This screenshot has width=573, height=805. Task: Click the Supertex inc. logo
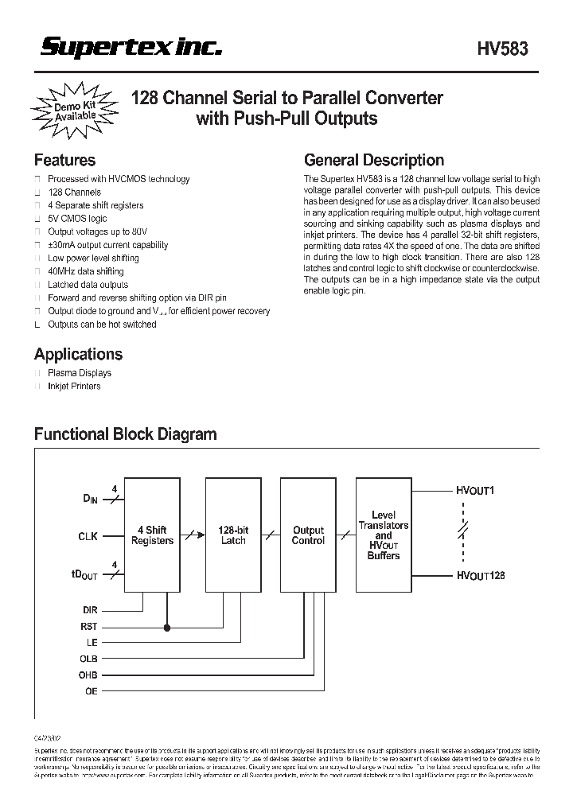[x=131, y=49]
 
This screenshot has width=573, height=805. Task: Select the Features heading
[x=64, y=160]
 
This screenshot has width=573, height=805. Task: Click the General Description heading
[x=374, y=160]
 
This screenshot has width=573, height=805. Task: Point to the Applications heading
[x=78, y=354]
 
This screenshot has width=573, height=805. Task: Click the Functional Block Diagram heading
[x=125, y=434]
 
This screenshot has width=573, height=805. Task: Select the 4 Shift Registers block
[x=152, y=535]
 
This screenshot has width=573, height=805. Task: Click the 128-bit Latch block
[x=232, y=535]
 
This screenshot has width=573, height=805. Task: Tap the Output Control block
[x=308, y=535]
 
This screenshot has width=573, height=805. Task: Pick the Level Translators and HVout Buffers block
[x=384, y=535]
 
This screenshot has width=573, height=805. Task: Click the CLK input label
[x=88, y=536]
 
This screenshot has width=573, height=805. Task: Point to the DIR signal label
[x=90, y=610]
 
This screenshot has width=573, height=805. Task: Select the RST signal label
[x=89, y=627]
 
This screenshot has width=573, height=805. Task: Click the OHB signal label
[x=89, y=675]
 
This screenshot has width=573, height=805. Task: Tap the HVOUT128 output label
[x=481, y=574]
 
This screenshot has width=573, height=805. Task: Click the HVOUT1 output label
[x=476, y=491]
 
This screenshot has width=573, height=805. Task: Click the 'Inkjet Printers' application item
[x=74, y=386]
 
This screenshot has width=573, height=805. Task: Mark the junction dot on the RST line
[x=167, y=627]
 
